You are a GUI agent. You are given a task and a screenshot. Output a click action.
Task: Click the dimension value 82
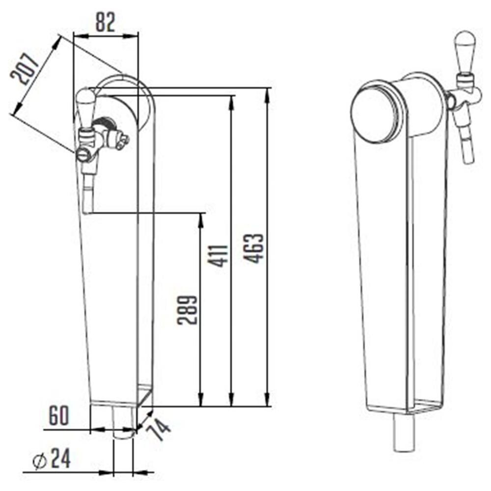click(x=105, y=22)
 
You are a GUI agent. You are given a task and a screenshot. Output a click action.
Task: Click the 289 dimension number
click(x=188, y=309)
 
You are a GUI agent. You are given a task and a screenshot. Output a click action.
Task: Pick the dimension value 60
click(x=59, y=417)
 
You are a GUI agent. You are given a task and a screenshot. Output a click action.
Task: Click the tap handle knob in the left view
click(x=84, y=107)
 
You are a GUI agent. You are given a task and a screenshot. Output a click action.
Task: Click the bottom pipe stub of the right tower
click(x=405, y=434)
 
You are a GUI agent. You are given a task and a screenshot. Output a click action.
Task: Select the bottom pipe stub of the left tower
click(x=123, y=422)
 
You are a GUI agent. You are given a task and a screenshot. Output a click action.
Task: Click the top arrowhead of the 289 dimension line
click(x=200, y=218)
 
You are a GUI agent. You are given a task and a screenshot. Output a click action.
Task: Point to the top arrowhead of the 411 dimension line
click(x=231, y=100)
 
